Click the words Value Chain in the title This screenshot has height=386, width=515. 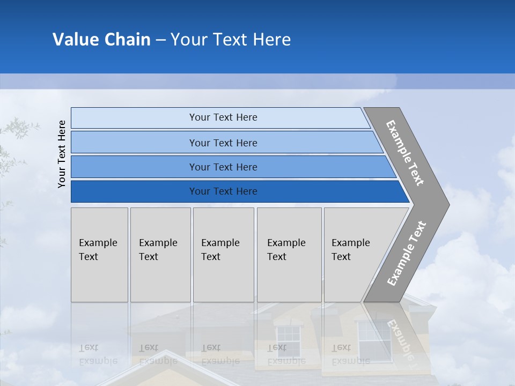coord(101,40)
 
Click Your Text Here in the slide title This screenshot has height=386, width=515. coord(231,40)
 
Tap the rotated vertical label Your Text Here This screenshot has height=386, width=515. coord(62,154)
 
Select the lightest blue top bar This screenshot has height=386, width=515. coord(223,117)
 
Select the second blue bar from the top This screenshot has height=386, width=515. coord(223,143)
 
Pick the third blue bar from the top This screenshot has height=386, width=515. coord(223,167)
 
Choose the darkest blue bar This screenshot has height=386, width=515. coord(223,191)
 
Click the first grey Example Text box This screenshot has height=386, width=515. coord(99,255)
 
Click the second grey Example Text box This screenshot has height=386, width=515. coord(160,255)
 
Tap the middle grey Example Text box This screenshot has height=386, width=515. coord(223,255)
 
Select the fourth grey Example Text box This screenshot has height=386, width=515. coord(289,255)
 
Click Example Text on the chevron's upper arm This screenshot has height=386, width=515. coord(405,153)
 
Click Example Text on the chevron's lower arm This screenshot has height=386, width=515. coord(407,253)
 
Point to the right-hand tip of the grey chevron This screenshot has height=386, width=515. coord(448,204)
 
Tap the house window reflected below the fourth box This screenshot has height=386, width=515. coord(288,341)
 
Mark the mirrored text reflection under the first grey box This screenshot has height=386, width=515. coord(98,354)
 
